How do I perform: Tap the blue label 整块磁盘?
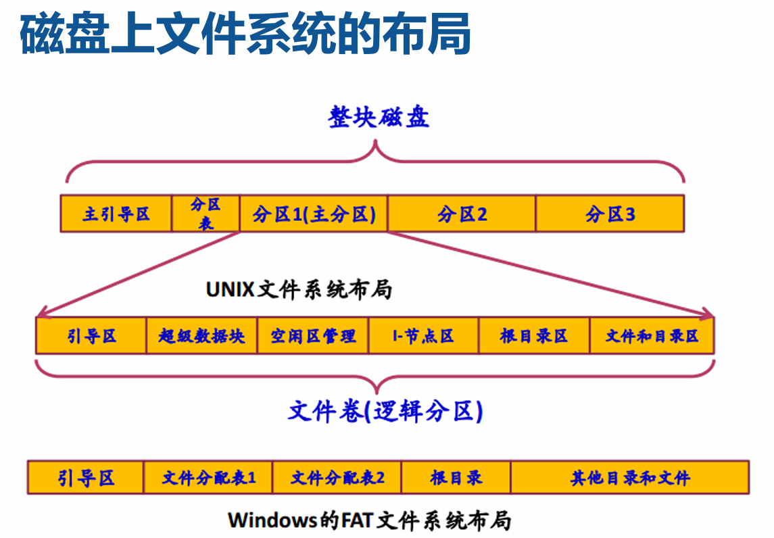[x=379, y=117]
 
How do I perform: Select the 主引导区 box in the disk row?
[x=116, y=214]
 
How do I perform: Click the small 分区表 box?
[x=205, y=214]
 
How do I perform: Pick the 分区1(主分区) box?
[x=314, y=214]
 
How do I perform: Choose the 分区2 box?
[x=462, y=214]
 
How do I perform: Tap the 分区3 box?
[x=610, y=214]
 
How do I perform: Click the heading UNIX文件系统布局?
[x=299, y=289]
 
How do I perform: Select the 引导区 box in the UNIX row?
[x=91, y=336]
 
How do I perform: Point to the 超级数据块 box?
[x=201, y=336]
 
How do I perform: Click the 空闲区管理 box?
[x=313, y=336]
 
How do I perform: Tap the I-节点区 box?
[x=423, y=336]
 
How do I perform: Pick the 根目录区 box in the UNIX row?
[x=534, y=336]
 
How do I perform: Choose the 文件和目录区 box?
[x=652, y=336]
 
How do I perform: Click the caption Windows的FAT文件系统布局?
[x=369, y=520]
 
